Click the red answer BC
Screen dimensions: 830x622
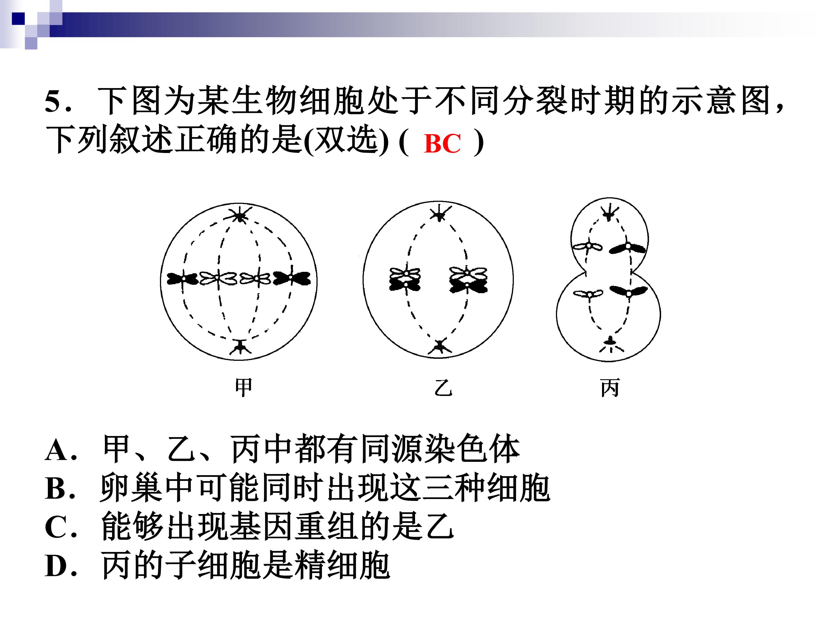coord(442,144)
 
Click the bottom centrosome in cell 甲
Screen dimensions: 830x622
coord(240,347)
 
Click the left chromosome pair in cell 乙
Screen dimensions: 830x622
coord(405,279)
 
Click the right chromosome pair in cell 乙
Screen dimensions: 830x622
coord(468,280)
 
